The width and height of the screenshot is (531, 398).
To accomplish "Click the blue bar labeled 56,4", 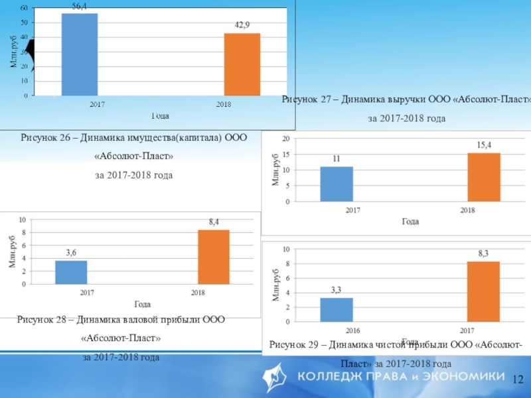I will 80,54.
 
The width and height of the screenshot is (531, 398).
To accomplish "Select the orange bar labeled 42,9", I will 242,64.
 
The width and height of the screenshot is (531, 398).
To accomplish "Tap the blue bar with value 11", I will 337,184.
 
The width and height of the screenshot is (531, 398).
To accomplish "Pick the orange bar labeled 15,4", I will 484,177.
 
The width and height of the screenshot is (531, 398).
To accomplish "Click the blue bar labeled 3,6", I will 71,272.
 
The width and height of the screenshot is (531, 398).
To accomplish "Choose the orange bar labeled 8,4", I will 214,257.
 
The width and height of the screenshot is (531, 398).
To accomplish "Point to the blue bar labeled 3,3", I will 337,310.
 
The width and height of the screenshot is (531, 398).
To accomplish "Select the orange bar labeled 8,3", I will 483,291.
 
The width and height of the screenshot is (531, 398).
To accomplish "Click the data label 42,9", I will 242,24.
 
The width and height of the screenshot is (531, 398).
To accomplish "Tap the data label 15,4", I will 484,145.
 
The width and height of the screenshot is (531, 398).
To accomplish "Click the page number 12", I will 518,379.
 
